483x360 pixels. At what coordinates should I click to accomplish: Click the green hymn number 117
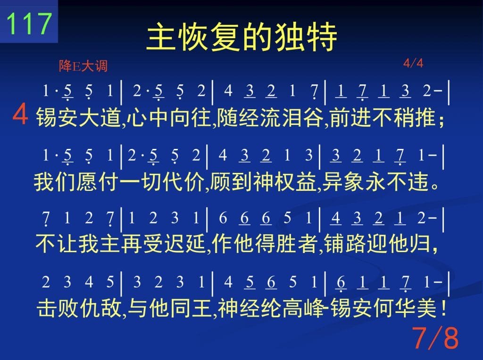click(29, 24)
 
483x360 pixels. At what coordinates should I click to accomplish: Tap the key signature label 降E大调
click(83, 66)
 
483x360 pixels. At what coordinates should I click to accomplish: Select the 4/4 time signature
click(413, 64)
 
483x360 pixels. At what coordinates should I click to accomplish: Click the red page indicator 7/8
click(435, 338)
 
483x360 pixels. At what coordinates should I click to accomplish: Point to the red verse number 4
click(20, 115)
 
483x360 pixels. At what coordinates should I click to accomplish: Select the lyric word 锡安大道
click(78, 117)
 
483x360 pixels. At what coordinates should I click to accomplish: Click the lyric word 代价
click(183, 181)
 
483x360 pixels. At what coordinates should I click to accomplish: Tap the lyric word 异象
click(343, 181)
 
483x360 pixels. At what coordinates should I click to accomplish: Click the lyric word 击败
click(58, 308)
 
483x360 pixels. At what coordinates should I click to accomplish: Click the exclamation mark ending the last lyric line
click(443, 308)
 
